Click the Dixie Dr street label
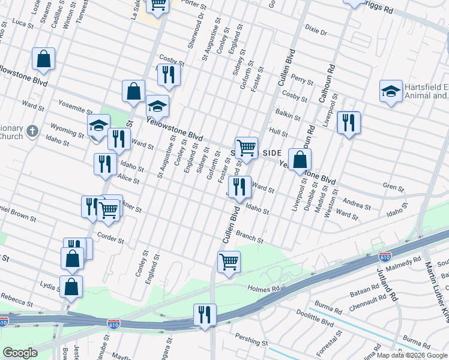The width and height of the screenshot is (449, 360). click(x=316, y=31)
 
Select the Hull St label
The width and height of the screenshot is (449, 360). click(x=279, y=133)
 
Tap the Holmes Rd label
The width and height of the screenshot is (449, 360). click(x=264, y=289)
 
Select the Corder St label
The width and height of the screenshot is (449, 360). click(x=110, y=238)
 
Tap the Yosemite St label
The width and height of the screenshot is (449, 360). click(x=75, y=107)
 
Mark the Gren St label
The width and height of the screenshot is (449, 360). click(x=397, y=188)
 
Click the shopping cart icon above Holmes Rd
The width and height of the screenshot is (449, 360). click(x=229, y=262)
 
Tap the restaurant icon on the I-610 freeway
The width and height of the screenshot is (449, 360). click(x=205, y=314)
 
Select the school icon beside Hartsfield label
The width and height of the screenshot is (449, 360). click(x=391, y=91)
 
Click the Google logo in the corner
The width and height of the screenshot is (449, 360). click(x=20, y=352)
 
